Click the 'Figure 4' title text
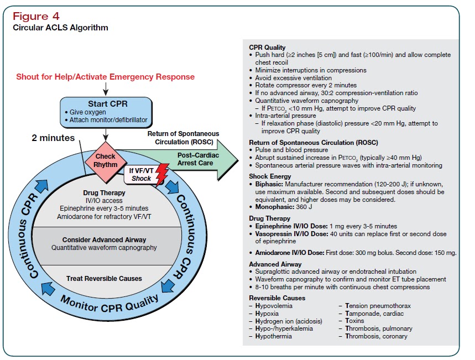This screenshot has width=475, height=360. pos(36,15)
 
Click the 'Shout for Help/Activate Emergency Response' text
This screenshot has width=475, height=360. pos(105,76)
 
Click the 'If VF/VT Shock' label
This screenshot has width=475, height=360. pos(142,175)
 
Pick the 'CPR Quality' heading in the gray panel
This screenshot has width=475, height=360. pos(267,48)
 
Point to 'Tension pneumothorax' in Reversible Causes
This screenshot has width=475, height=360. pos(378,306)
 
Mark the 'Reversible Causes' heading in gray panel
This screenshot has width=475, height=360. pos(277,298)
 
